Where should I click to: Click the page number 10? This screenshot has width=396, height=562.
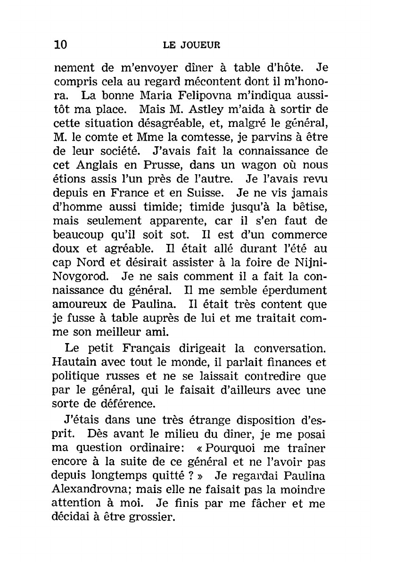(61, 45)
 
